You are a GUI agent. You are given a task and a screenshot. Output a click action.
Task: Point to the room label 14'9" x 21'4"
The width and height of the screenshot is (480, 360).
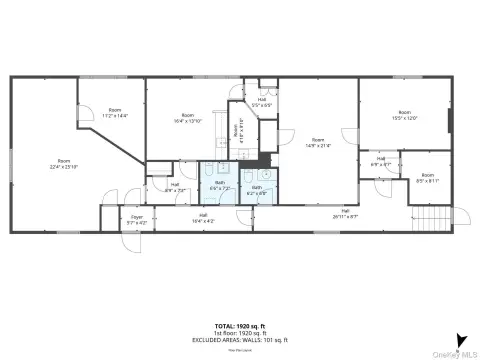pos(318,142)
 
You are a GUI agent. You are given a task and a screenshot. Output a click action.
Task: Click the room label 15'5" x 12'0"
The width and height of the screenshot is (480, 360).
pos(404,115)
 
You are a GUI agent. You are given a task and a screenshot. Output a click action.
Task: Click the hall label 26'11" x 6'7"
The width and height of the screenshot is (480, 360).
pos(344,213)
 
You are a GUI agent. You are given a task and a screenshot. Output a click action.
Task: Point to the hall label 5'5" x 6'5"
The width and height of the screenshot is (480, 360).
pos(261,101)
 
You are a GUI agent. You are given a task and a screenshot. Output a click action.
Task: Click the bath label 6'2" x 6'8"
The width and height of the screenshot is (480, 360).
pos(257,189)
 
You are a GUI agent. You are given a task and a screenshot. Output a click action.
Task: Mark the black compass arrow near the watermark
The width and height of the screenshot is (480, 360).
pos(459,339)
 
